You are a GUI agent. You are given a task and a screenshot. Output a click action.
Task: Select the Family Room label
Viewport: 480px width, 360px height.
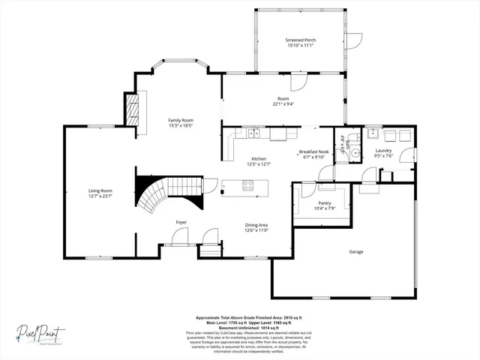pos(181,120)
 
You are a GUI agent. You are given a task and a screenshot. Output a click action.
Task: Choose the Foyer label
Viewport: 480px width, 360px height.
pos(181,223)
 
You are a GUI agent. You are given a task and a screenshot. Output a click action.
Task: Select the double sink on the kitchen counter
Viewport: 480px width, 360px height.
pos(253,133)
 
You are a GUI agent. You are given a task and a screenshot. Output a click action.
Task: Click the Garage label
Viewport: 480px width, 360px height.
pos(356,251)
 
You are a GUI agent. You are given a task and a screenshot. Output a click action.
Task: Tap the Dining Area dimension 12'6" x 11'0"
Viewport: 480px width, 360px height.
pos(256,230)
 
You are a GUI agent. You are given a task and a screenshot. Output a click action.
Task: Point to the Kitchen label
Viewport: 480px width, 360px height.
pos(259,159)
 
